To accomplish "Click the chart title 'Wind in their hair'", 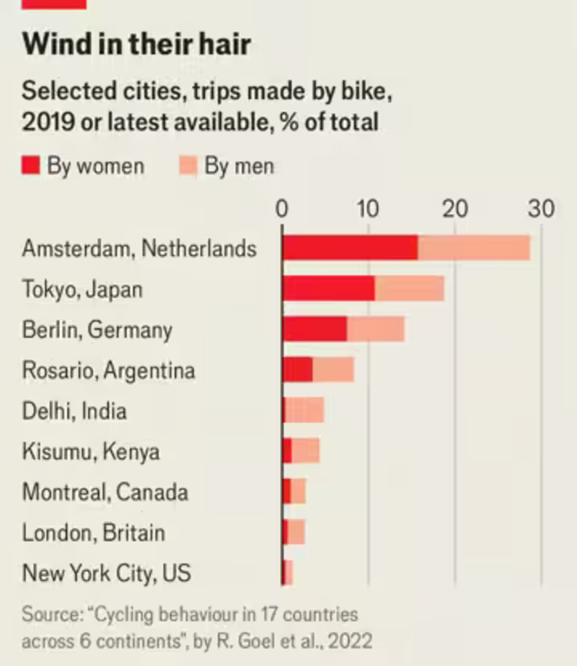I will point(136,45).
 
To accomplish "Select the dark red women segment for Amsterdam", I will point(350,248).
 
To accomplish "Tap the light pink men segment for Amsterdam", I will point(474,248).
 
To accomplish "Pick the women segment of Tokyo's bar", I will point(328,288).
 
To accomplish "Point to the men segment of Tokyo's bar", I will point(409,288).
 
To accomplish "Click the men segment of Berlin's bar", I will point(375,329).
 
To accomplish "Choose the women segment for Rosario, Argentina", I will point(297,370).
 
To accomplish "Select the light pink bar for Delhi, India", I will point(304,411).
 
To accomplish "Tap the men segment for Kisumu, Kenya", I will point(306,451).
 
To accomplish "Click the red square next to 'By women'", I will point(30,166).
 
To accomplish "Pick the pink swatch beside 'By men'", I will point(187,166).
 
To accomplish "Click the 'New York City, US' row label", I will point(106,574).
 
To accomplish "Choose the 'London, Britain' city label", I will point(94,533).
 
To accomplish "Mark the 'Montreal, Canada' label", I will point(105,492).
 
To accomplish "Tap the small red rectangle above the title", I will point(54,4).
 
